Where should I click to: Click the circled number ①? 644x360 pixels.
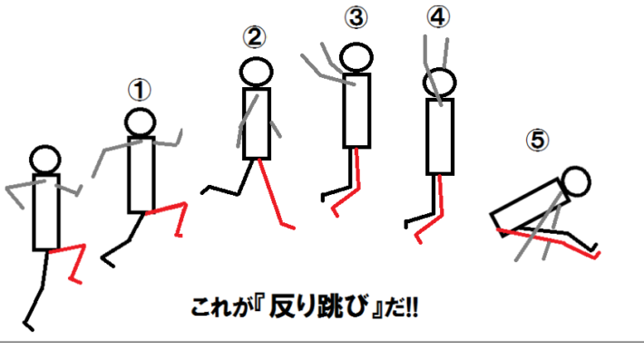[x=140, y=90]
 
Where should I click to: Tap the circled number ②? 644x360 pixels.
[x=254, y=37]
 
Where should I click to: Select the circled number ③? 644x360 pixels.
[x=356, y=17]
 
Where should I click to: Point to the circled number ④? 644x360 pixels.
[x=438, y=17]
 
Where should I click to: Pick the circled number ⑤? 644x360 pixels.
[x=537, y=140]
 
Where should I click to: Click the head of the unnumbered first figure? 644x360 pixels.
[x=45, y=160]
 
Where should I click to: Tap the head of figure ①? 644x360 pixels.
[x=140, y=122]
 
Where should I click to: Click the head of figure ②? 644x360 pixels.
[x=257, y=73]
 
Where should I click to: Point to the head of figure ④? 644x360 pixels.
[x=440, y=83]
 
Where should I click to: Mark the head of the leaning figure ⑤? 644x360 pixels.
[x=576, y=181]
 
